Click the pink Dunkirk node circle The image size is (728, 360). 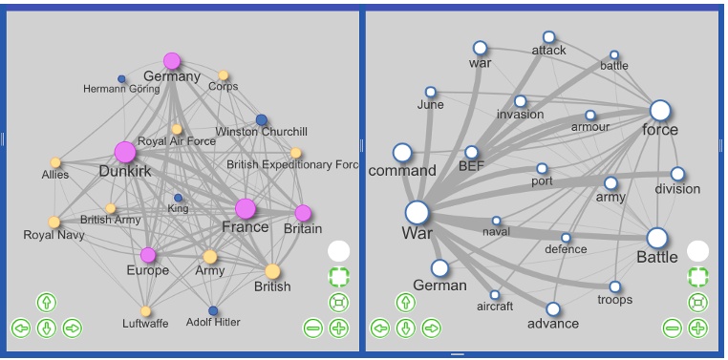tap(124, 152)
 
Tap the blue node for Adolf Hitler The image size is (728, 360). tap(213, 310)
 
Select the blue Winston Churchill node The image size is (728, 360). tap(261, 120)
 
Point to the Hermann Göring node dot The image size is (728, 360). tap(121, 78)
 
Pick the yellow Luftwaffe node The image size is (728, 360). tap(145, 310)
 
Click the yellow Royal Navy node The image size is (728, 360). tap(54, 222)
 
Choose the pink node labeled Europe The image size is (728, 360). tap(148, 255)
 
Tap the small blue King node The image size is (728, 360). tap(178, 198)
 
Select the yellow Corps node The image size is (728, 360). tap(224, 75)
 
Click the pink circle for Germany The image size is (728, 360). tap(172, 61)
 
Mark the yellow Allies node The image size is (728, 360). tap(55, 162)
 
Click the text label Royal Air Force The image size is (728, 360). tap(177, 141)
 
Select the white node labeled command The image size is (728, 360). tap(402, 153)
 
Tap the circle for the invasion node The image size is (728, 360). tap(520, 101)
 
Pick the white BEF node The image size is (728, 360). tap(472, 152)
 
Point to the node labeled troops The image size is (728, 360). tap(615, 286)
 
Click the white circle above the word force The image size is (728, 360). tap(660, 111)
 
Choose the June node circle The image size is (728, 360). tap(430, 92)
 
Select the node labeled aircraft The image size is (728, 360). tap(495, 294)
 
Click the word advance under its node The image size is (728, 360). tap(553, 323)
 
